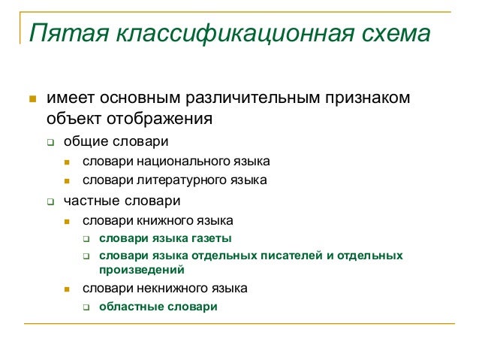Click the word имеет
click(71, 98)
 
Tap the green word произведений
click(142, 270)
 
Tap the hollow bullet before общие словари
click(50, 142)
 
